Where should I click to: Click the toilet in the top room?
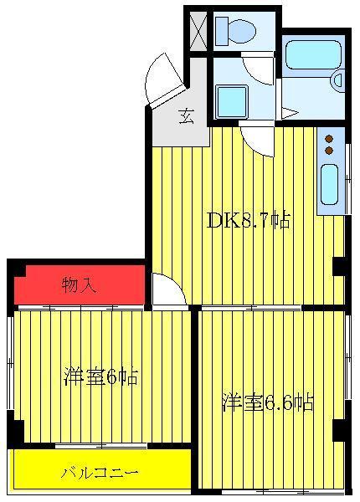coord(236,32)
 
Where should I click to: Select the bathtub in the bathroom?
coord(312,54)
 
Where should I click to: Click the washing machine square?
coord(232,102)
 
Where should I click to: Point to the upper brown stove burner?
coord(329,139)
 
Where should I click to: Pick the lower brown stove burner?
coord(329,150)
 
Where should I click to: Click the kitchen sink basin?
coord(329,184)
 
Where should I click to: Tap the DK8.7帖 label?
coord(249,220)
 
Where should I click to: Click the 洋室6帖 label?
coord(101,376)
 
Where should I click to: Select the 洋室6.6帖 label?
coord(268,402)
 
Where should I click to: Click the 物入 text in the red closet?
coord(79,284)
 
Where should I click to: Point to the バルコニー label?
coord(100,473)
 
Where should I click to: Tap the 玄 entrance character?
coord(187,116)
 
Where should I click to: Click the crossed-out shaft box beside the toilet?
coord(198,32)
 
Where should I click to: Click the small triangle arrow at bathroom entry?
coord(290,112)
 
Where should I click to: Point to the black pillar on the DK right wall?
coord(339,266)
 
